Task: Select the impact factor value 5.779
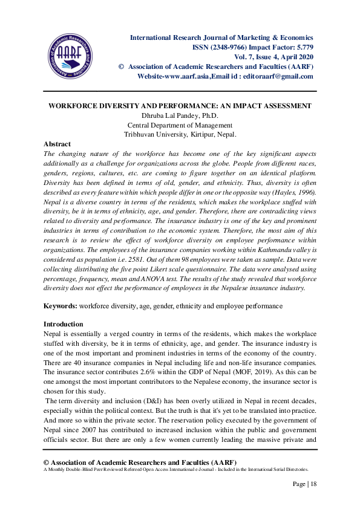click(301, 47)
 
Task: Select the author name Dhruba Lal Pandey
click(170, 115)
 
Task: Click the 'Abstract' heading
click(57, 144)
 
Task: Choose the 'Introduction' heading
click(64, 324)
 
